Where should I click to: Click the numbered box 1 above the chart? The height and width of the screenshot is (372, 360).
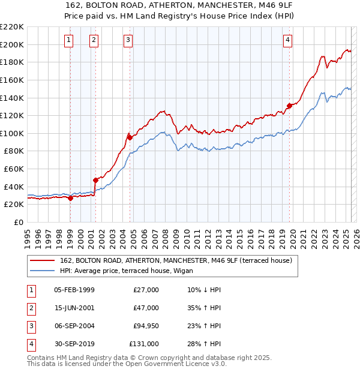coord(69,40)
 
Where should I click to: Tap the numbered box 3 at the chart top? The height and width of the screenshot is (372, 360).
coord(128,40)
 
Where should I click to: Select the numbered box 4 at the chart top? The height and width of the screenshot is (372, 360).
coord(288,40)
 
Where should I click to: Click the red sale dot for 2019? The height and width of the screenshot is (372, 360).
coord(289,106)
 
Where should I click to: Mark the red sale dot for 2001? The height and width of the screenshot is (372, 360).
coord(95,180)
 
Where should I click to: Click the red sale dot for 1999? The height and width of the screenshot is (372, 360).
coord(70,198)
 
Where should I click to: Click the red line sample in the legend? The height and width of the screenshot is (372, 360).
coord(41,260)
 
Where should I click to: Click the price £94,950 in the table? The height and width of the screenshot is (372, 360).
coord(146,326)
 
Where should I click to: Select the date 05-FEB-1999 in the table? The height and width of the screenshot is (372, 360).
coord(74,290)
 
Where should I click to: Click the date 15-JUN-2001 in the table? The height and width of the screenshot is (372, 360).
coord(74,308)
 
